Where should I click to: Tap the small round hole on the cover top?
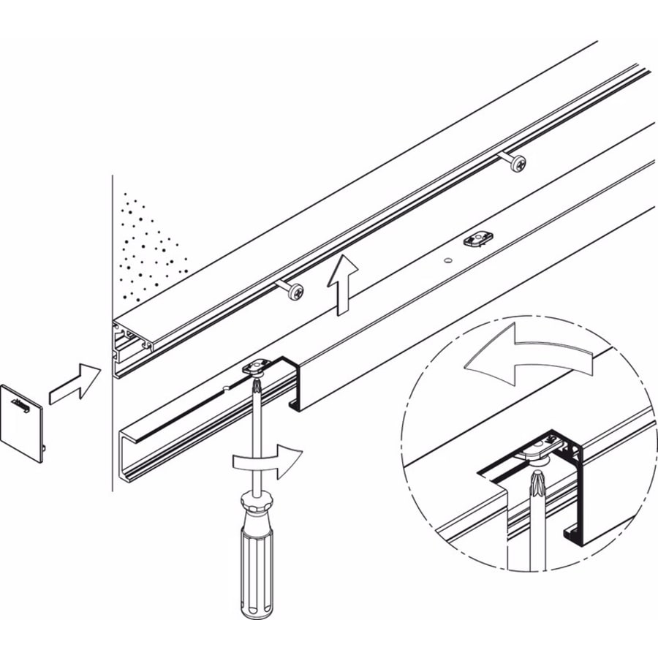(x=446, y=260)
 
